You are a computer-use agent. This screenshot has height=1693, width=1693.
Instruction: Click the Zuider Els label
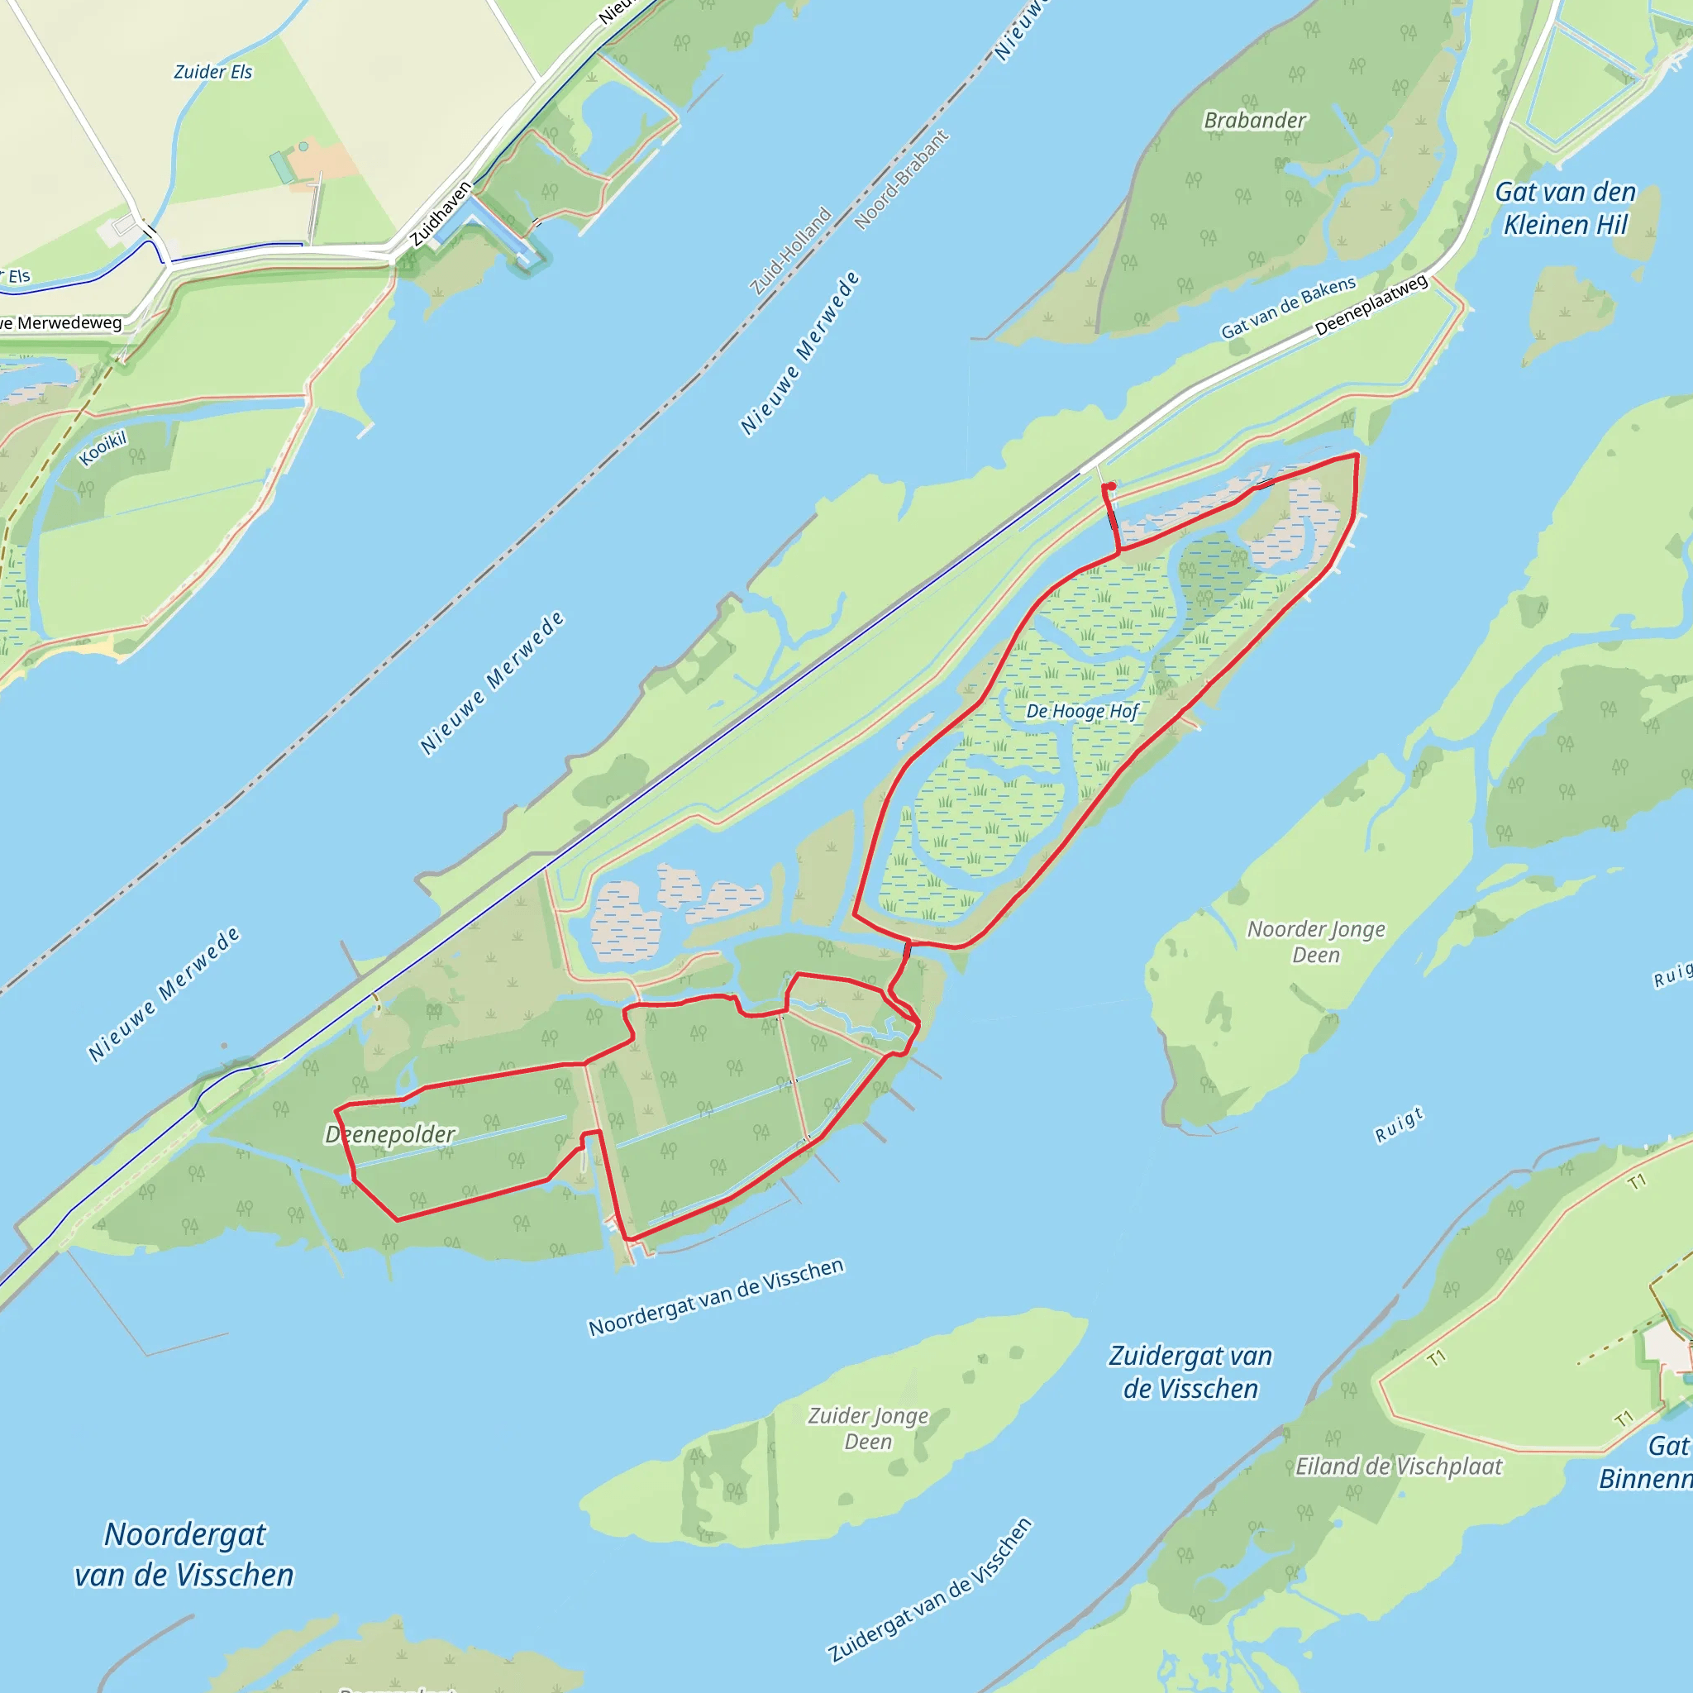(x=213, y=72)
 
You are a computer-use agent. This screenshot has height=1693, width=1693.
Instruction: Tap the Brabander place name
(x=1254, y=120)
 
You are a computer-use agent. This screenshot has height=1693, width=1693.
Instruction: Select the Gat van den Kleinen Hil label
(x=1565, y=207)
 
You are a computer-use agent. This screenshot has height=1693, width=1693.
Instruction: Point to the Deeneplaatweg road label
(x=1371, y=305)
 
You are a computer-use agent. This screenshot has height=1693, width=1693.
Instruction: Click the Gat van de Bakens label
(x=1288, y=308)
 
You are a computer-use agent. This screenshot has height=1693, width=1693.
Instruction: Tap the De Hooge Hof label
(x=1081, y=711)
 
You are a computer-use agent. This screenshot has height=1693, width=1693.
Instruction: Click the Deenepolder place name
(x=390, y=1134)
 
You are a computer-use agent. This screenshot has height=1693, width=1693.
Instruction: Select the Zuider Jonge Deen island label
(x=867, y=1428)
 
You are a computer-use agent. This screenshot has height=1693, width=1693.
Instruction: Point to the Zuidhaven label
(x=441, y=213)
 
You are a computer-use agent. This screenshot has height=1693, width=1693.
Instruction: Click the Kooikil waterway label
(x=103, y=449)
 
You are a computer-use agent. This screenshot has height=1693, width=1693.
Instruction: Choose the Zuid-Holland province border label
(x=790, y=250)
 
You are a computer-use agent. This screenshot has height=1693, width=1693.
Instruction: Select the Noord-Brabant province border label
(x=902, y=179)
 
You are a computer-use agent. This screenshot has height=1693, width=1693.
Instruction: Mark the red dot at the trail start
(x=1111, y=486)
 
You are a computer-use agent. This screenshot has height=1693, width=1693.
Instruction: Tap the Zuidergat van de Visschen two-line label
(x=1190, y=1371)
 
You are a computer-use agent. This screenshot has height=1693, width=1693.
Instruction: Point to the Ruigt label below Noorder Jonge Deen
(x=1399, y=1125)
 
